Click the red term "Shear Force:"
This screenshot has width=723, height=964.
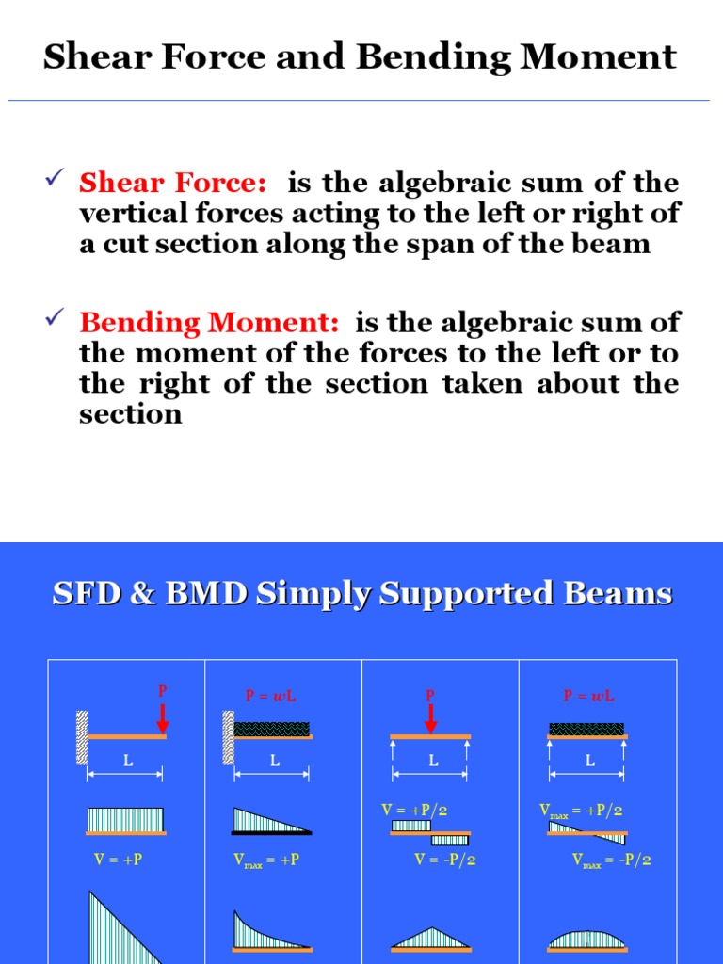172,182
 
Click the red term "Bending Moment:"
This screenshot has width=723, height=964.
209,323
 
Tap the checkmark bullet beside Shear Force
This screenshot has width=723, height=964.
55,176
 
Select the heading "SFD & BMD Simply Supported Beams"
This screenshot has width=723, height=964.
361,594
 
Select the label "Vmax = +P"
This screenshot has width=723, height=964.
266,860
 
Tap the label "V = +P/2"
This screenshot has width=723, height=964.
414,810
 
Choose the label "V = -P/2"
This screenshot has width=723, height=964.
444,860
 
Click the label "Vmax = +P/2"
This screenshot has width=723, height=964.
581,810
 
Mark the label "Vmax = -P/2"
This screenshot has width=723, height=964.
611,860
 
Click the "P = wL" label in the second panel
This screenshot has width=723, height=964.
270,697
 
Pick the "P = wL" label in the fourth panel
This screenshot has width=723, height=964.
588,697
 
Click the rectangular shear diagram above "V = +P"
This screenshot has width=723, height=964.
125,820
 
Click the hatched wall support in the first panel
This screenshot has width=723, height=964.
83,736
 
